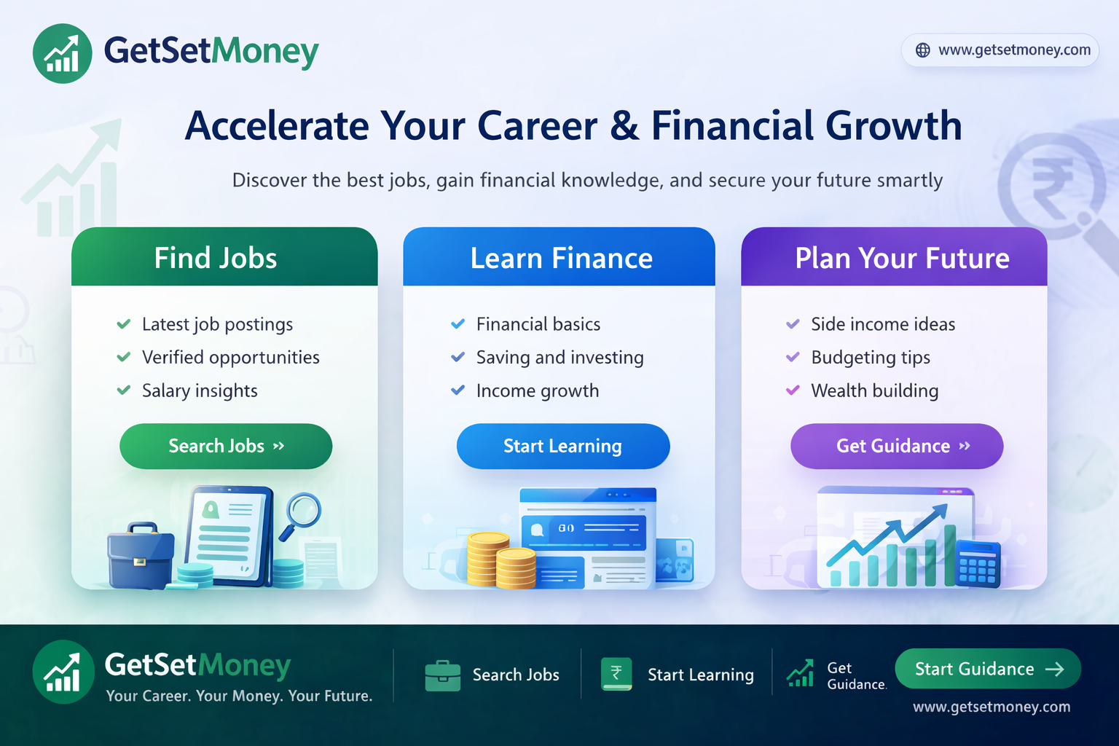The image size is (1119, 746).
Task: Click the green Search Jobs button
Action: pyautogui.click(x=226, y=446)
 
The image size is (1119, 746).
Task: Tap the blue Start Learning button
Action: pyautogui.click(x=562, y=446)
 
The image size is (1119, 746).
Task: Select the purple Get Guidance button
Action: pyautogui.click(x=897, y=446)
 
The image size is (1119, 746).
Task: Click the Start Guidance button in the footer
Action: pyautogui.click(x=987, y=669)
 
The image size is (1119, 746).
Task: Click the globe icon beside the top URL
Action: pyautogui.click(x=922, y=50)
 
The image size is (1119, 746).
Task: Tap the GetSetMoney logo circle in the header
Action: pyautogui.click(x=63, y=53)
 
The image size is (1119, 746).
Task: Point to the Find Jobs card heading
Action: pyautogui.click(x=216, y=258)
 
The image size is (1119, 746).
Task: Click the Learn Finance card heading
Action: pyautogui.click(x=561, y=258)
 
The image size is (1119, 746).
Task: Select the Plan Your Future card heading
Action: pyautogui.click(x=902, y=258)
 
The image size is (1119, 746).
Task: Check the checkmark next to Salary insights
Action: pyautogui.click(x=124, y=390)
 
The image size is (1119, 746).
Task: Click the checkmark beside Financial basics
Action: pyautogui.click(x=458, y=324)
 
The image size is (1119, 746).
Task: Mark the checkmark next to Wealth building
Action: pyautogui.click(x=793, y=390)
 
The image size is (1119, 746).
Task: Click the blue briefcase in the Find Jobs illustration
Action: pyautogui.click(x=140, y=557)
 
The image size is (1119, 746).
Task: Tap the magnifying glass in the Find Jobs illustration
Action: pyautogui.click(x=302, y=513)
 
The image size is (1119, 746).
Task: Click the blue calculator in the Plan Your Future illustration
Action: pyautogui.click(x=978, y=564)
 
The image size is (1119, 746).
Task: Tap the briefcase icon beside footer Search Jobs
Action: pyautogui.click(x=443, y=675)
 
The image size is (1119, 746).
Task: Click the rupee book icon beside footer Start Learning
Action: pyautogui.click(x=616, y=674)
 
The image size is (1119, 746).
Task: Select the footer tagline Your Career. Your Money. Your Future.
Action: pyautogui.click(x=239, y=696)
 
